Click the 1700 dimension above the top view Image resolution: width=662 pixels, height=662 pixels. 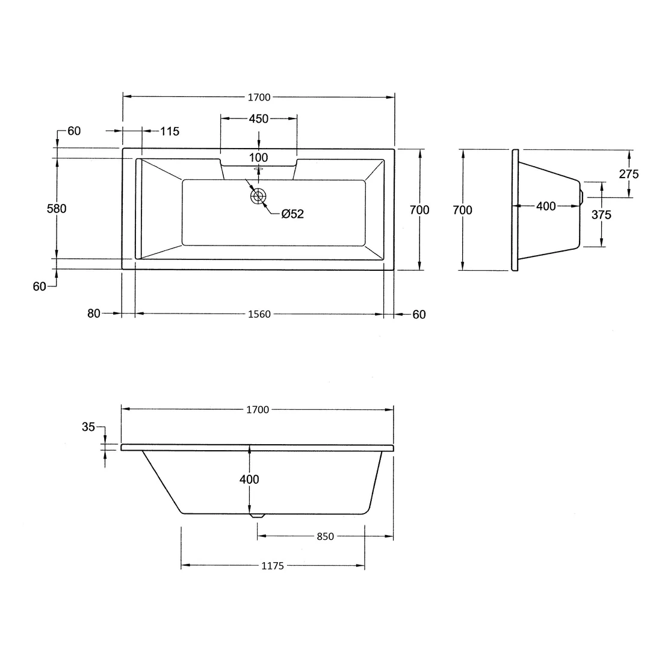pyautogui.click(x=258, y=97)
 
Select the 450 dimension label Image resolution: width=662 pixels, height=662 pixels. pyautogui.click(x=258, y=119)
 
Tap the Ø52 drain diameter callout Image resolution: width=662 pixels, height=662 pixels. pyautogui.click(x=292, y=214)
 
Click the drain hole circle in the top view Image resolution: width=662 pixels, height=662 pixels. pyautogui.click(x=258, y=196)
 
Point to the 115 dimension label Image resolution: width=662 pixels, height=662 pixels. pyautogui.click(x=170, y=131)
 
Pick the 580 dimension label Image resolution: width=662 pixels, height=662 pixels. pyautogui.click(x=57, y=209)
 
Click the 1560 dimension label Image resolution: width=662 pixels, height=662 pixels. pyautogui.click(x=259, y=314)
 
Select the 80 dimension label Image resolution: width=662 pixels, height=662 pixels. pyautogui.click(x=93, y=314)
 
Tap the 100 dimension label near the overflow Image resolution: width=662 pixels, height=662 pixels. pyautogui.click(x=258, y=158)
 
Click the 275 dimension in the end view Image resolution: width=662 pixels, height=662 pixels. pyautogui.click(x=628, y=174)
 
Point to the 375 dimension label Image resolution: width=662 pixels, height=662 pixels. pyautogui.click(x=601, y=215)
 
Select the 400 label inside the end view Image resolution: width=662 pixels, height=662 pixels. pyautogui.click(x=546, y=206)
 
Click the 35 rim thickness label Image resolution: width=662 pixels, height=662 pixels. pyautogui.click(x=88, y=427)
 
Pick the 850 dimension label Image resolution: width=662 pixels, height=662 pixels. pyautogui.click(x=324, y=537)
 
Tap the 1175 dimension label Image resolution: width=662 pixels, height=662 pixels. pyautogui.click(x=273, y=566)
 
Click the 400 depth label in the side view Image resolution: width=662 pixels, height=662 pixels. pyautogui.click(x=249, y=479)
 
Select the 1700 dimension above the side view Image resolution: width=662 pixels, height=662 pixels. pyautogui.click(x=258, y=410)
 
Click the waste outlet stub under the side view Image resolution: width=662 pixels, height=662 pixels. pyautogui.click(x=257, y=516)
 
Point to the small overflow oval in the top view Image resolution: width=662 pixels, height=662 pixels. pyautogui.click(x=259, y=170)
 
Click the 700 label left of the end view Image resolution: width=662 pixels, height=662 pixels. pyautogui.click(x=463, y=210)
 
